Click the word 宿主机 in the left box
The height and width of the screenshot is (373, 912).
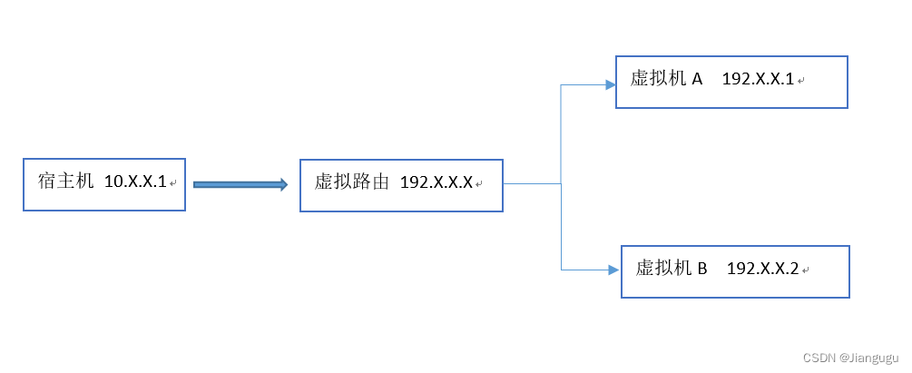coord(66,182)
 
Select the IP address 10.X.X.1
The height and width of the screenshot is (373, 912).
coord(136,182)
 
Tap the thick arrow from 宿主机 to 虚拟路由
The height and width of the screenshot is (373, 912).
coord(240,184)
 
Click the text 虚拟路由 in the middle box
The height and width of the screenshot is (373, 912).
coord(351,182)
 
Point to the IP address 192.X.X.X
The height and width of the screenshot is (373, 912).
coord(436,183)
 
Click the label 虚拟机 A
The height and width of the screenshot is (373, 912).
coord(666,79)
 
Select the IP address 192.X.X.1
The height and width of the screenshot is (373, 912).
coord(758,80)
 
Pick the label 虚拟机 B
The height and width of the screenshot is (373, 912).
coord(672,269)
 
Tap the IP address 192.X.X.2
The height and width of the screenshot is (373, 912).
coord(763,270)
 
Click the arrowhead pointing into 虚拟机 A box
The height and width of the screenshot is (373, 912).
coord(611,85)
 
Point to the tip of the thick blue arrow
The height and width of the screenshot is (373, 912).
coord(285,184)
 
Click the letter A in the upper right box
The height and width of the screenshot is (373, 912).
coord(697,79)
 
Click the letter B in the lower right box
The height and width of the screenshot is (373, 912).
coord(701,269)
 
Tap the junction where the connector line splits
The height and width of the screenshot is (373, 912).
coord(562,183)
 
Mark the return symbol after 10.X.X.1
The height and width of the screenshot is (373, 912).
coord(172,184)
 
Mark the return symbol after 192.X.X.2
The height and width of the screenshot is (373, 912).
coord(805,271)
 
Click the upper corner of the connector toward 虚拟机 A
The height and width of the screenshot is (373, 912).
coord(562,85)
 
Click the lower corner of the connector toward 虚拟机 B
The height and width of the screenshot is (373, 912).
coord(562,270)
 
